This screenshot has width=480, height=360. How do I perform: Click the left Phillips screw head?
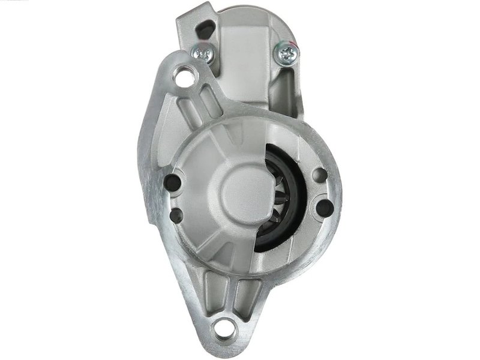(x=205, y=53)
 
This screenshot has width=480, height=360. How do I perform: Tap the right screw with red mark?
(x=286, y=55)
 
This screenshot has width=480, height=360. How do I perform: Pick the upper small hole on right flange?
(x=321, y=175)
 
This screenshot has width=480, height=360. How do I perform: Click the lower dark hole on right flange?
(x=324, y=208)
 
